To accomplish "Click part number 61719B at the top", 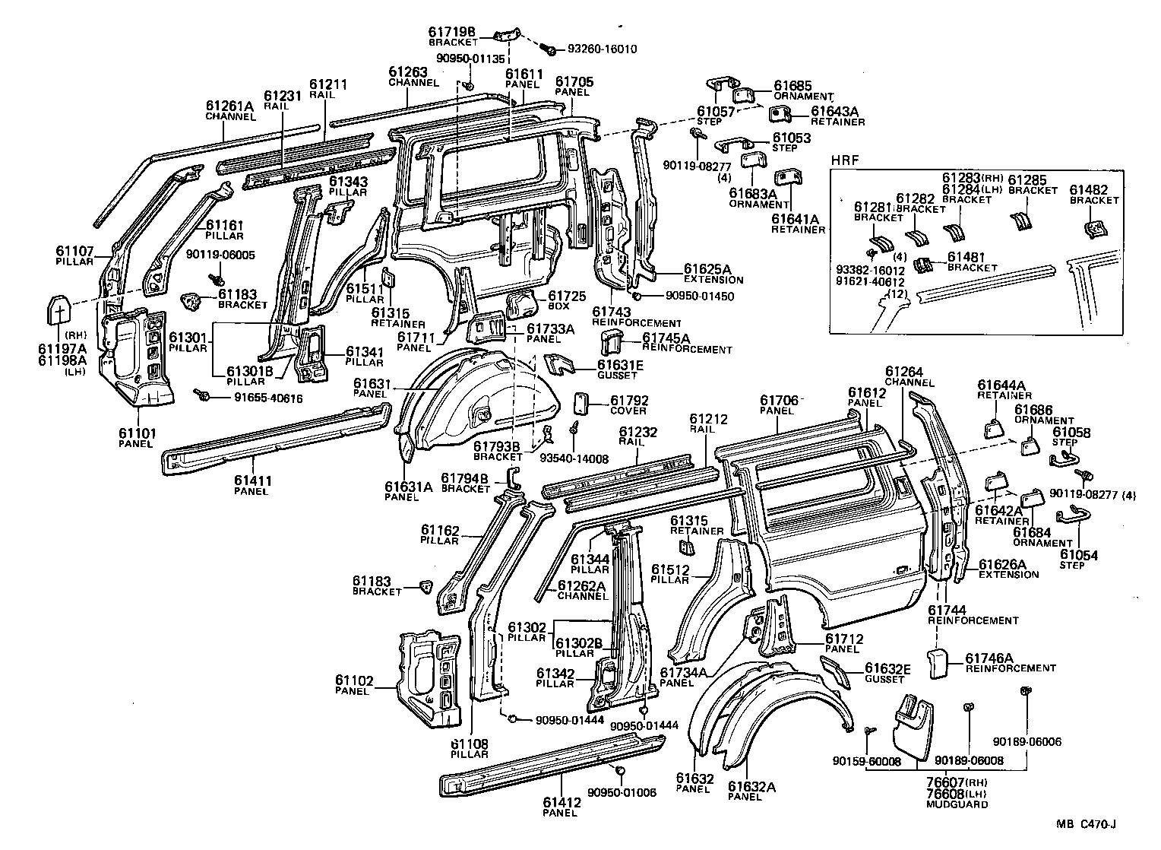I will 451,31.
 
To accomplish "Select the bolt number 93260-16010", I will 602,49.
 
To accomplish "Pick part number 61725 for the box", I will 568,295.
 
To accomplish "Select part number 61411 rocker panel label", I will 252,481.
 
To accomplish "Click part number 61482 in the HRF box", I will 1093,189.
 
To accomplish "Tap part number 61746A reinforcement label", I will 989,658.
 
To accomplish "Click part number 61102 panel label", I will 355,680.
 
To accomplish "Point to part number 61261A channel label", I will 229,106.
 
